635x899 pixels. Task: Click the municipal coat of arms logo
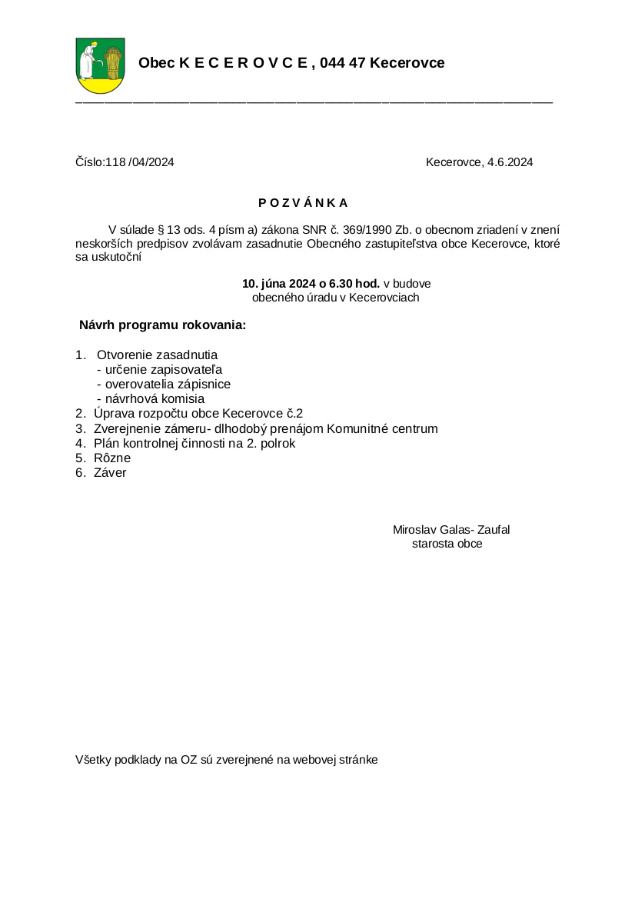(x=101, y=65)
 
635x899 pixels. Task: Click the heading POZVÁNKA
(x=303, y=203)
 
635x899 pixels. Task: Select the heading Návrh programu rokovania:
(x=162, y=325)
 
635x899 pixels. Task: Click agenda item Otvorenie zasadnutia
(x=157, y=355)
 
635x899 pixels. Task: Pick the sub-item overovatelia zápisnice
(x=167, y=385)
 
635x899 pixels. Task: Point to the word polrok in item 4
(x=278, y=443)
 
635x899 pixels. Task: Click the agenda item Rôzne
(x=112, y=458)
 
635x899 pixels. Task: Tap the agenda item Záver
(x=110, y=473)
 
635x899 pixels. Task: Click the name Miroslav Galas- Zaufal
(x=451, y=530)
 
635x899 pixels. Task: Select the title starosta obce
(x=447, y=544)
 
